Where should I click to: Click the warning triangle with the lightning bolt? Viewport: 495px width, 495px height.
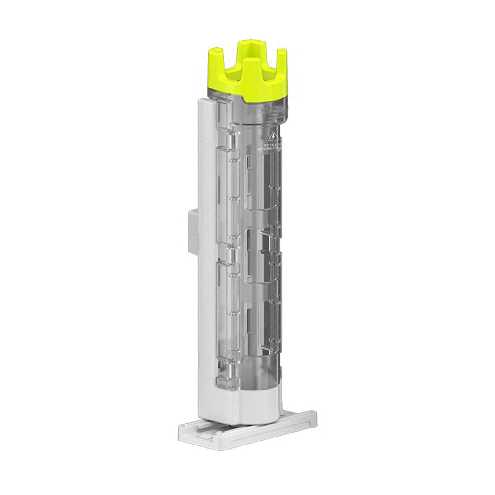click(273, 136)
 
